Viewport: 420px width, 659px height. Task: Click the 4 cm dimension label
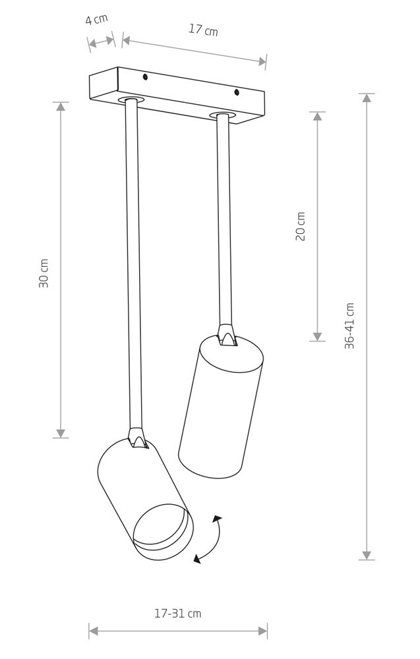(x=97, y=19)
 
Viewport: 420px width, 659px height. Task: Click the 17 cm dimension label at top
(x=203, y=30)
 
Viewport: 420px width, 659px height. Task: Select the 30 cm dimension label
(x=44, y=273)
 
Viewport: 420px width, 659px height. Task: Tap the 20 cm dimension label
(x=301, y=226)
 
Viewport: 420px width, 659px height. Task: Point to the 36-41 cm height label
(x=349, y=326)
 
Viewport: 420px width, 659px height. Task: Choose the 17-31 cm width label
(x=178, y=614)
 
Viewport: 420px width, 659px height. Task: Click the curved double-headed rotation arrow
(x=210, y=539)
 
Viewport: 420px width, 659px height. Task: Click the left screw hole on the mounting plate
(x=144, y=77)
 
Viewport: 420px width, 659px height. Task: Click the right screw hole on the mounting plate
(x=237, y=92)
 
